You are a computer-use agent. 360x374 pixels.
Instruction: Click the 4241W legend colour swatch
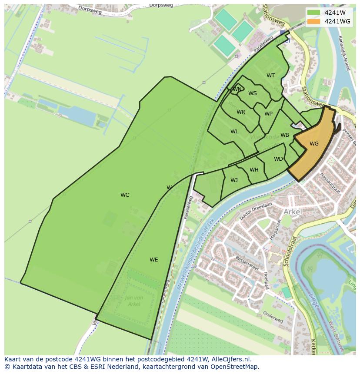click(x=313, y=13)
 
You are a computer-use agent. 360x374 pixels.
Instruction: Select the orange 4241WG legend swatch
click(x=313, y=21)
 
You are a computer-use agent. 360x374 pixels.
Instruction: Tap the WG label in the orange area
click(x=314, y=144)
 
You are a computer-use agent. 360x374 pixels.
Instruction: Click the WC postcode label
click(x=125, y=195)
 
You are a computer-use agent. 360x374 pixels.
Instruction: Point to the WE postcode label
click(x=153, y=260)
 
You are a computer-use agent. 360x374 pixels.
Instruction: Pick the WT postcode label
click(x=270, y=76)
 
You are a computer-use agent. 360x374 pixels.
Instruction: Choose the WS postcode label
click(x=253, y=93)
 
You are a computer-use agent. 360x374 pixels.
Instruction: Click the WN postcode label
click(x=237, y=89)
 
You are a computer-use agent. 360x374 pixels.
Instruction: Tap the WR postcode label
click(x=241, y=112)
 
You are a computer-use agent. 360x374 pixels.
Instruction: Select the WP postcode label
click(x=268, y=114)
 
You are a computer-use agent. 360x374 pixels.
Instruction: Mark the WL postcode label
click(x=234, y=132)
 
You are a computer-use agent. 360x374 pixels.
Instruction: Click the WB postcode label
click(x=285, y=135)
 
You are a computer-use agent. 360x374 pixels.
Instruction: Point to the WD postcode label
click(x=278, y=159)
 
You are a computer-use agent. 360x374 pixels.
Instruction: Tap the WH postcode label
click(x=254, y=170)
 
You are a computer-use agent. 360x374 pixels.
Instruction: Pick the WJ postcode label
click(x=234, y=180)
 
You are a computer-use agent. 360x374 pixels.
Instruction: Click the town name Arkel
click(x=293, y=212)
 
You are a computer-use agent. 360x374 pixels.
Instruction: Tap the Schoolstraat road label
click(x=289, y=251)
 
